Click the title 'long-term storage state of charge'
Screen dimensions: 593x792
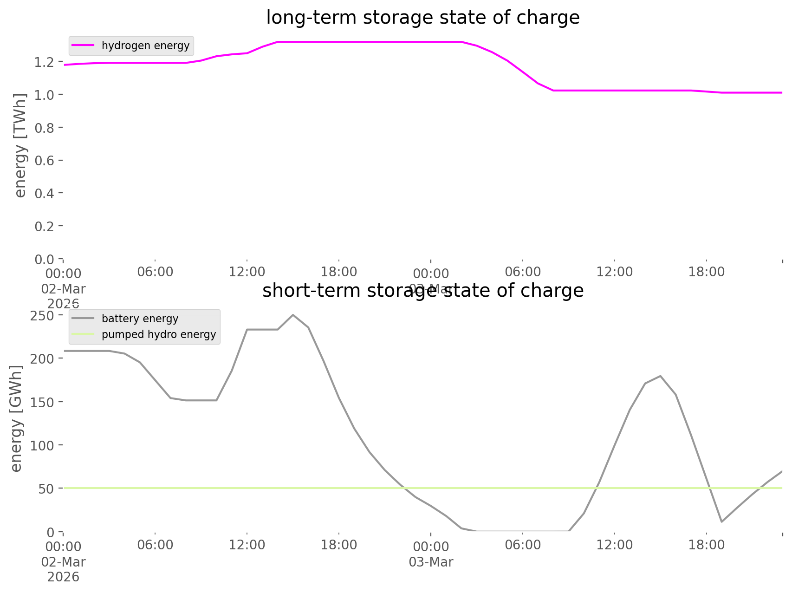[x=422, y=18]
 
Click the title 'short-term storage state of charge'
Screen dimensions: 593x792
[x=422, y=291]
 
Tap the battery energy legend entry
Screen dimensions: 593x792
[x=140, y=319]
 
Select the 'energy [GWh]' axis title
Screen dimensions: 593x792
[x=16, y=418]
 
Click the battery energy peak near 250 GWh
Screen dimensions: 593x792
[x=293, y=315]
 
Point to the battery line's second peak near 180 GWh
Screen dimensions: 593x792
[x=660, y=376]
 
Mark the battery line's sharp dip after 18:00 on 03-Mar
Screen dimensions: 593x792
[x=721, y=521]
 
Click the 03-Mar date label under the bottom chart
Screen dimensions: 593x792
[x=431, y=562]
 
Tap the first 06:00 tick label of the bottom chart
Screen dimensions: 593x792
[x=155, y=545]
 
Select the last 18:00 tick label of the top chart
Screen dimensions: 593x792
[x=706, y=272]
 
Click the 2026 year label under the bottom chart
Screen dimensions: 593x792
[x=63, y=577]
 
